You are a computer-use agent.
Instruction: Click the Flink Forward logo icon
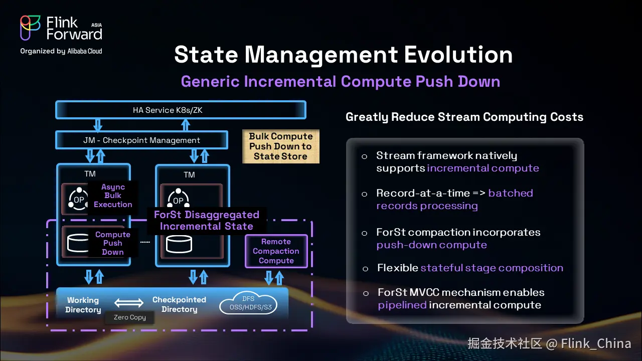(x=31, y=28)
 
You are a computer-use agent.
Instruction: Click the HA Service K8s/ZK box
(x=181, y=110)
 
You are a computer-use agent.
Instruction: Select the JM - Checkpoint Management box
(x=141, y=140)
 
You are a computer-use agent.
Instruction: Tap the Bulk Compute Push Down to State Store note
(x=280, y=146)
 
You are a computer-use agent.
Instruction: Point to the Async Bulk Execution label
(x=113, y=196)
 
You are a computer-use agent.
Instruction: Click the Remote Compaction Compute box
(x=276, y=251)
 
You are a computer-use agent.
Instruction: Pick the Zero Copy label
(x=130, y=317)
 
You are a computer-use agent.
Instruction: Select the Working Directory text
(x=83, y=305)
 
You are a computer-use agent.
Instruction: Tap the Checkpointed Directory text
(x=179, y=304)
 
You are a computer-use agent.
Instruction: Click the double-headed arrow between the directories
(x=129, y=303)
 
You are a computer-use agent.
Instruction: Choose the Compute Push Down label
(x=113, y=243)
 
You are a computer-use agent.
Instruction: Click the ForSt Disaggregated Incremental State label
(x=207, y=221)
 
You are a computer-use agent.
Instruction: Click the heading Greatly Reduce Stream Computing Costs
(x=464, y=117)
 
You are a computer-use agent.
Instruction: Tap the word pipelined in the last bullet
(x=402, y=305)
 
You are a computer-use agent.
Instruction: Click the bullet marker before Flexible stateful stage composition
(x=365, y=269)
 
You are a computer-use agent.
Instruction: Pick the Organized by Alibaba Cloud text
(x=61, y=51)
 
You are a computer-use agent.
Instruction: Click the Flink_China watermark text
(x=596, y=343)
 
